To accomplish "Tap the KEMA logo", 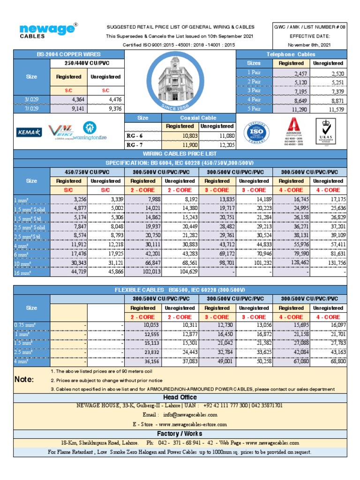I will pyautogui.click(x=29, y=133).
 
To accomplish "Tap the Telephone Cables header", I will pyautogui.click(x=291, y=54).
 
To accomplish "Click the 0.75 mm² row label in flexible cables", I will pyautogui.click(x=25, y=325).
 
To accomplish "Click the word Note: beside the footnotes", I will pyautogui.click(x=24, y=380).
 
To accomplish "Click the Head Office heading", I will pyautogui.click(x=180, y=397).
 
